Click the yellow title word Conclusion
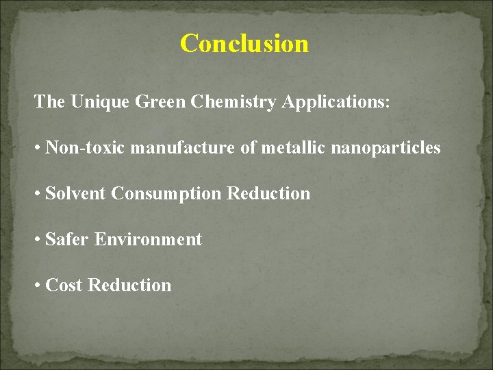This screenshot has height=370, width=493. pyautogui.click(x=244, y=44)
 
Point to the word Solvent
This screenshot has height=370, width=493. pyautogui.click(x=75, y=194)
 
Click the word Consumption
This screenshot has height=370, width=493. pyautogui.click(x=166, y=195)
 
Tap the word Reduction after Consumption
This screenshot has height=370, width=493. pyautogui.click(x=268, y=194)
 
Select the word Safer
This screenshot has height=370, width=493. pyautogui.click(x=67, y=240)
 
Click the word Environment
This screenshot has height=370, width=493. pyautogui.click(x=148, y=240)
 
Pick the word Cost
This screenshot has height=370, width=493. pyautogui.click(x=64, y=285)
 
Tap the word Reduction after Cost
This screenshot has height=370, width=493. pyautogui.click(x=129, y=285)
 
